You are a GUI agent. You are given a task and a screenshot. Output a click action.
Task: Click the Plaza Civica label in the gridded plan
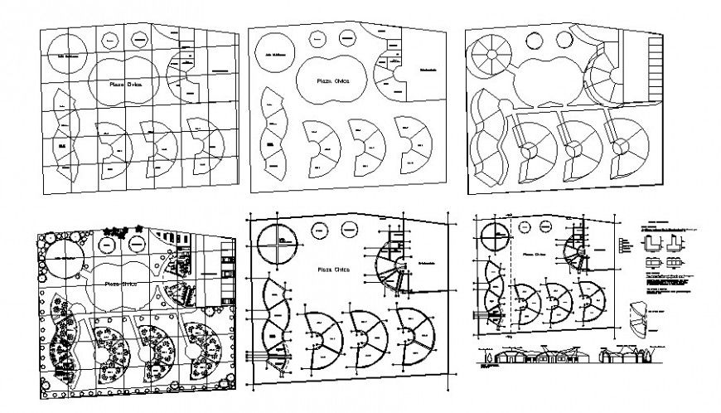(122, 85)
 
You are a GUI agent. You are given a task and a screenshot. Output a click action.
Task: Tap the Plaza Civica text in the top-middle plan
(331, 81)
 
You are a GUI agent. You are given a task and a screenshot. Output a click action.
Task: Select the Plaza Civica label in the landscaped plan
(123, 283)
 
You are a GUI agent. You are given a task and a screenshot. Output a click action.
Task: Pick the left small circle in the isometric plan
(534, 38)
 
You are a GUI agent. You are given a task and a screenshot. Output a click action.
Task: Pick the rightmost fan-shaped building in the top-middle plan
(416, 142)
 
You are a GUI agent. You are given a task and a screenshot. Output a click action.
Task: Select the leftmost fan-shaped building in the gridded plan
(112, 147)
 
